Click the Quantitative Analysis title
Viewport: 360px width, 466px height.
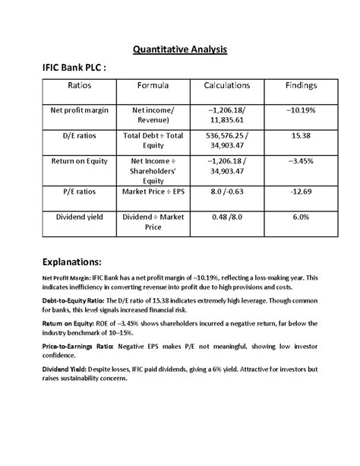pos(180,51)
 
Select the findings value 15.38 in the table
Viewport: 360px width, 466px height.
pos(301,135)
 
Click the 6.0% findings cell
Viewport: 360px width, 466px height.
pos(301,217)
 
